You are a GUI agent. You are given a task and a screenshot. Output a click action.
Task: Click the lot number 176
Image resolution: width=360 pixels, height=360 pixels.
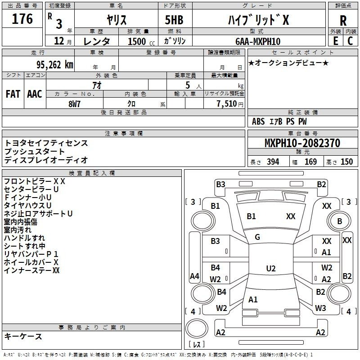pos(23,20)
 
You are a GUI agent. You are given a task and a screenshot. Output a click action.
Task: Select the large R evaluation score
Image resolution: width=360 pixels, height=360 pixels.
pos(343,20)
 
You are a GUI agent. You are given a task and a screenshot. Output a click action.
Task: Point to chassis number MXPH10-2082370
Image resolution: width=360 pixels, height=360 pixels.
pos(302,143)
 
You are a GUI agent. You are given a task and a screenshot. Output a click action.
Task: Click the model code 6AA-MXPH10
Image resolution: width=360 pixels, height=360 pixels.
pos(258,41)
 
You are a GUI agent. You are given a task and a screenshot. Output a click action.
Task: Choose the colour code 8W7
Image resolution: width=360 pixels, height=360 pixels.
pos(75,103)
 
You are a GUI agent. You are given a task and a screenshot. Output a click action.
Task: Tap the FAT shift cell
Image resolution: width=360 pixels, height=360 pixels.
pos(13,94)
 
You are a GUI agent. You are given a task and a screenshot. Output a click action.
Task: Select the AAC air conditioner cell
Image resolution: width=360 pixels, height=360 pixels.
pos(35,94)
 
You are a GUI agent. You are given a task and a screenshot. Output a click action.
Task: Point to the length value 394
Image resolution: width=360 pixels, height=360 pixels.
pos(273,162)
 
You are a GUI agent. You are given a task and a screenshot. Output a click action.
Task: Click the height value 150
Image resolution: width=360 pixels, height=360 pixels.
pos(346,162)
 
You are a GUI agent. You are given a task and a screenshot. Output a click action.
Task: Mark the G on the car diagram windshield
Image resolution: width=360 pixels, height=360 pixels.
pos(257,237)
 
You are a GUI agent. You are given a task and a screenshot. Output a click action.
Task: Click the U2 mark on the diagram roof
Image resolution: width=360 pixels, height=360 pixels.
pos(270,269)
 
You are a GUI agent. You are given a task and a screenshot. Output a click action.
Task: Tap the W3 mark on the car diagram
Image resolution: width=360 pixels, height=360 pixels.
pos(320,308)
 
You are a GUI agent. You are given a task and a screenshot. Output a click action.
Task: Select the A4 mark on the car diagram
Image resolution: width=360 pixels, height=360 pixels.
pos(194,276)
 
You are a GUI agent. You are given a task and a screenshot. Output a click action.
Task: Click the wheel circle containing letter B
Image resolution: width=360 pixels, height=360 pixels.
pos(340,221)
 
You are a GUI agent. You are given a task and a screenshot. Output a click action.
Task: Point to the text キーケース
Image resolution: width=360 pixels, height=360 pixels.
pos(23,336)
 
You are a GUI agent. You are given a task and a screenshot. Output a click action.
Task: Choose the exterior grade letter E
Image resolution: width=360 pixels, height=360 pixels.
pos(335,41)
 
